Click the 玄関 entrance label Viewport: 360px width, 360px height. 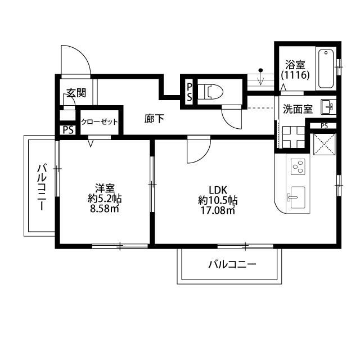tap(76, 93)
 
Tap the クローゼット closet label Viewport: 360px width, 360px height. tap(100, 121)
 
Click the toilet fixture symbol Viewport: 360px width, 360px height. tap(213, 92)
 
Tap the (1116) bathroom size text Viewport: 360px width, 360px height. tap(295, 74)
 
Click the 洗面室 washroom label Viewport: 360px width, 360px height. tap(298, 109)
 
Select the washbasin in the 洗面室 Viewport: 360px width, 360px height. tap(327, 105)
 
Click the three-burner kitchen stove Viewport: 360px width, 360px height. tap(298, 166)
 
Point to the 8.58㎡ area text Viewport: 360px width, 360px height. tap(105, 209)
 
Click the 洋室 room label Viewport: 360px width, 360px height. tap(105, 188)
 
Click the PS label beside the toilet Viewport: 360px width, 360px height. tap(190, 91)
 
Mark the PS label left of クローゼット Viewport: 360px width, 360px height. tap(67, 130)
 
